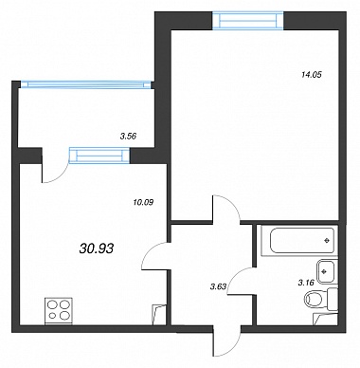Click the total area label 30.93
96,248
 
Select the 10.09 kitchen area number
143,202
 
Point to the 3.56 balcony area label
128,137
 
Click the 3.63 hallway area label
218,286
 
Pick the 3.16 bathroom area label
306,283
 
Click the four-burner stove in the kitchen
59,310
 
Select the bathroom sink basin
325,271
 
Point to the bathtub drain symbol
327,241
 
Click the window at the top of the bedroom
248,21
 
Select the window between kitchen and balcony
99,156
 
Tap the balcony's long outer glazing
85,84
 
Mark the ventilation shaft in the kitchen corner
159,315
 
